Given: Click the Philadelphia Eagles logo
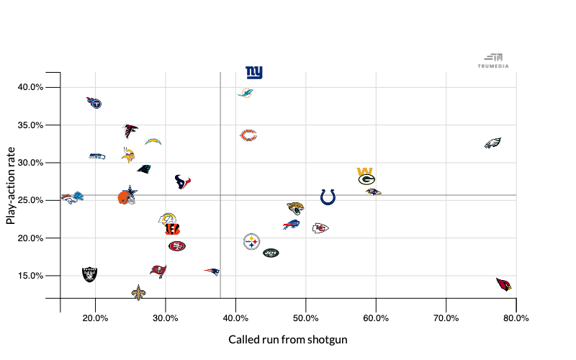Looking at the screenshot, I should click(x=492, y=143).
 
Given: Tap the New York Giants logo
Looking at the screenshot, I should click(x=254, y=73).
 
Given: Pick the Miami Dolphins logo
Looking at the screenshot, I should click(x=246, y=93).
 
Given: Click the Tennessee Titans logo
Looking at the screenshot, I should click(x=94, y=103).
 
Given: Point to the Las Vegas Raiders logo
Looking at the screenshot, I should click(x=89, y=274).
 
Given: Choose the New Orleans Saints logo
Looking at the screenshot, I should click(x=138, y=292).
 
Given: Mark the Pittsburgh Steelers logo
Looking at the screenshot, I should click(x=251, y=241).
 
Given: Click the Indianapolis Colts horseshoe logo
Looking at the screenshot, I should click(x=328, y=197).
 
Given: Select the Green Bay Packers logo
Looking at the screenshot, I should click(x=366, y=179).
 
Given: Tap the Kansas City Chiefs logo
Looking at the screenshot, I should click(x=320, y=228).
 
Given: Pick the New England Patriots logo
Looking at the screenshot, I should click(x=212, y=271).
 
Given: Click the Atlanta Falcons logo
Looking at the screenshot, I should click(x=131, y=131).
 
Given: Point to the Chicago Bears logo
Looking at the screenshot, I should click(x=248, y=135).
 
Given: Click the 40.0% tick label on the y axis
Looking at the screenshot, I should click(x=30, y=87).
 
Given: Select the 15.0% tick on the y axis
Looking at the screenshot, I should click(x=30, y=276).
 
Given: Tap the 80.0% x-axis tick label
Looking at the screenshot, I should click(x=516, y=318).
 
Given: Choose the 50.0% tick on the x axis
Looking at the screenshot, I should click(x=306, y=318).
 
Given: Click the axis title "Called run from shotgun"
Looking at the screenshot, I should click(x=288, y=339).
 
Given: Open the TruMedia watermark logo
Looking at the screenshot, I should click(x=493, y=60).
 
